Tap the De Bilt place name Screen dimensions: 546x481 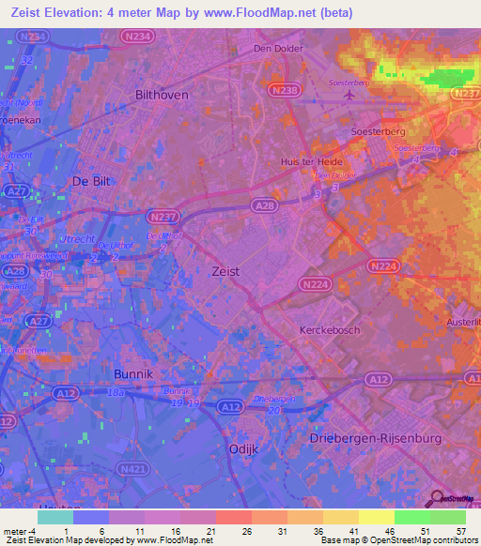(x=94, y=179)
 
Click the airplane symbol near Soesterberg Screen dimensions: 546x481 (x=350, y=95)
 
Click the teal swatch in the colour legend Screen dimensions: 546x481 (x=55, y=516)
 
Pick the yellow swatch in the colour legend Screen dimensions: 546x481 (x=375, y=516)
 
